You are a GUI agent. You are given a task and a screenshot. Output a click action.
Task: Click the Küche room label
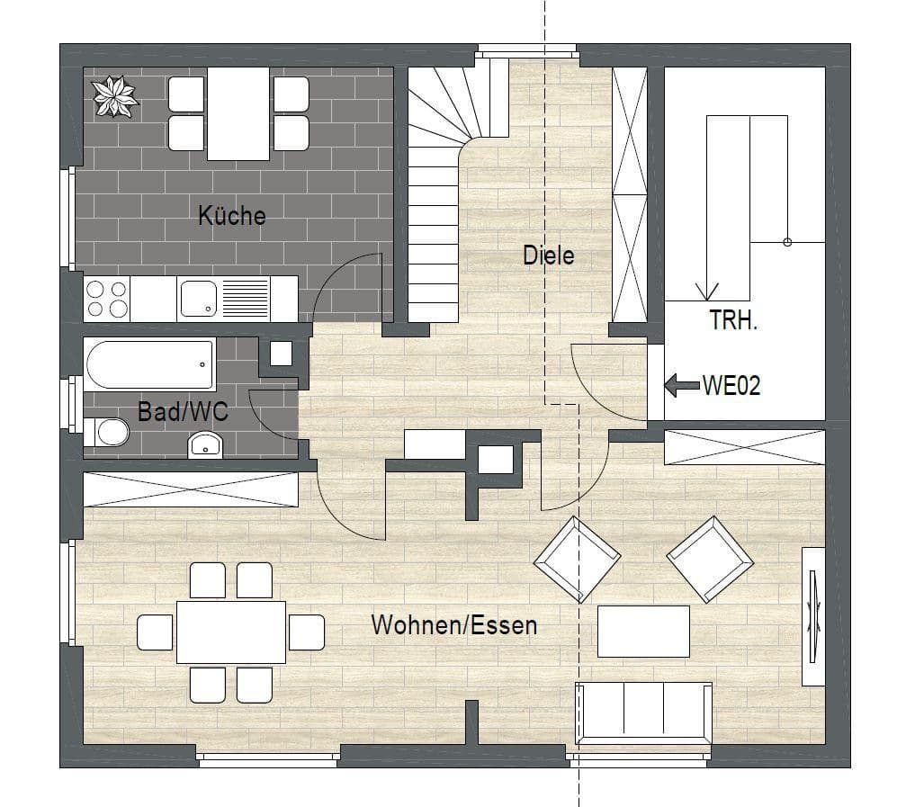(232, 216)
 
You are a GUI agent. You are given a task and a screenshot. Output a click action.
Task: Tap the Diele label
(549, 256)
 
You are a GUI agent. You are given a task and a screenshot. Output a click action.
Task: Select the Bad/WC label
(183, 412)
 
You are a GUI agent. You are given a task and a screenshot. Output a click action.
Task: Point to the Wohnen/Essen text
(454, 625)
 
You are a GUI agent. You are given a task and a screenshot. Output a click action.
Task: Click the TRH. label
(734, 320)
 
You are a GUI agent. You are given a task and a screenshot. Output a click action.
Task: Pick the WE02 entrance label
(731, 386)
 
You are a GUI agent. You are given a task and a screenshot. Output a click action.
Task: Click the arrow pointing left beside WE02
(681, 386)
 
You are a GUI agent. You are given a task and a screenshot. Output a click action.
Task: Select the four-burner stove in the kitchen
(106, 299)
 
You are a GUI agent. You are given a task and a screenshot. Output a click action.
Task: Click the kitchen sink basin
(198, 298)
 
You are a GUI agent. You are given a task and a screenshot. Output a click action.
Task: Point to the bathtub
(150, 364)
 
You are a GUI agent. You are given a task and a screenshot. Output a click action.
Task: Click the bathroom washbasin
(206, 444)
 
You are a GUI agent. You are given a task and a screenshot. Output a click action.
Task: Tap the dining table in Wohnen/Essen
(231, 632)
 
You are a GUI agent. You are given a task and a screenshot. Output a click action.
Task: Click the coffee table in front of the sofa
(644, 631)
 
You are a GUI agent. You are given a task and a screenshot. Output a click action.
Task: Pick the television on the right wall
(813, 616)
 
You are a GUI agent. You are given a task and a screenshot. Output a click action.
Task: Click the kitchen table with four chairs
(239, 112)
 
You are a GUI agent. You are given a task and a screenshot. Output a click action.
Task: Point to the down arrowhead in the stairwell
(707, 291)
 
